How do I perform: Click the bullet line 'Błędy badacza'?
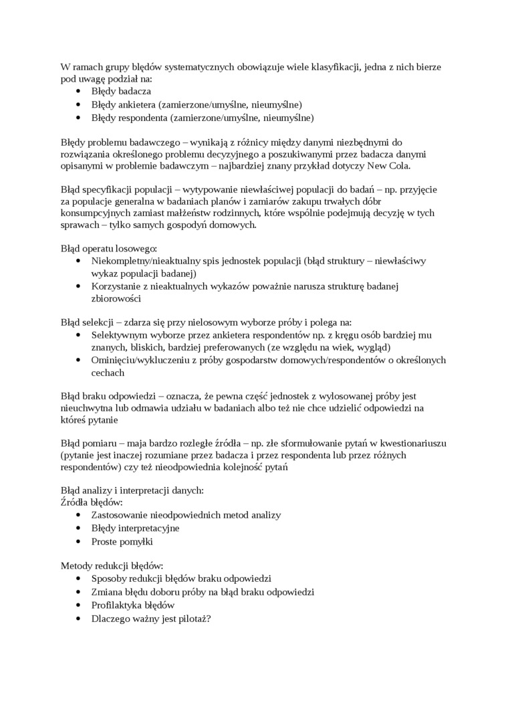121,91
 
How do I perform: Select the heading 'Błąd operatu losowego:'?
108,247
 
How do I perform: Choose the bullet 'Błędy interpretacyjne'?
136,528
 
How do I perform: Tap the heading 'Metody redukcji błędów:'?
112,565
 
